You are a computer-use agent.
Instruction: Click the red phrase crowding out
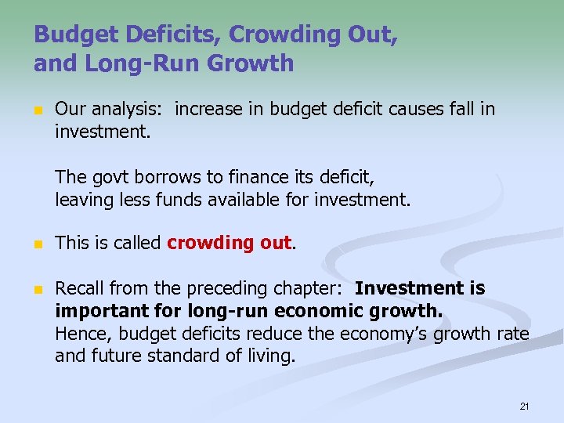coord(230,243)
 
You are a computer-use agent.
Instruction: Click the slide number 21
coord(524,407)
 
